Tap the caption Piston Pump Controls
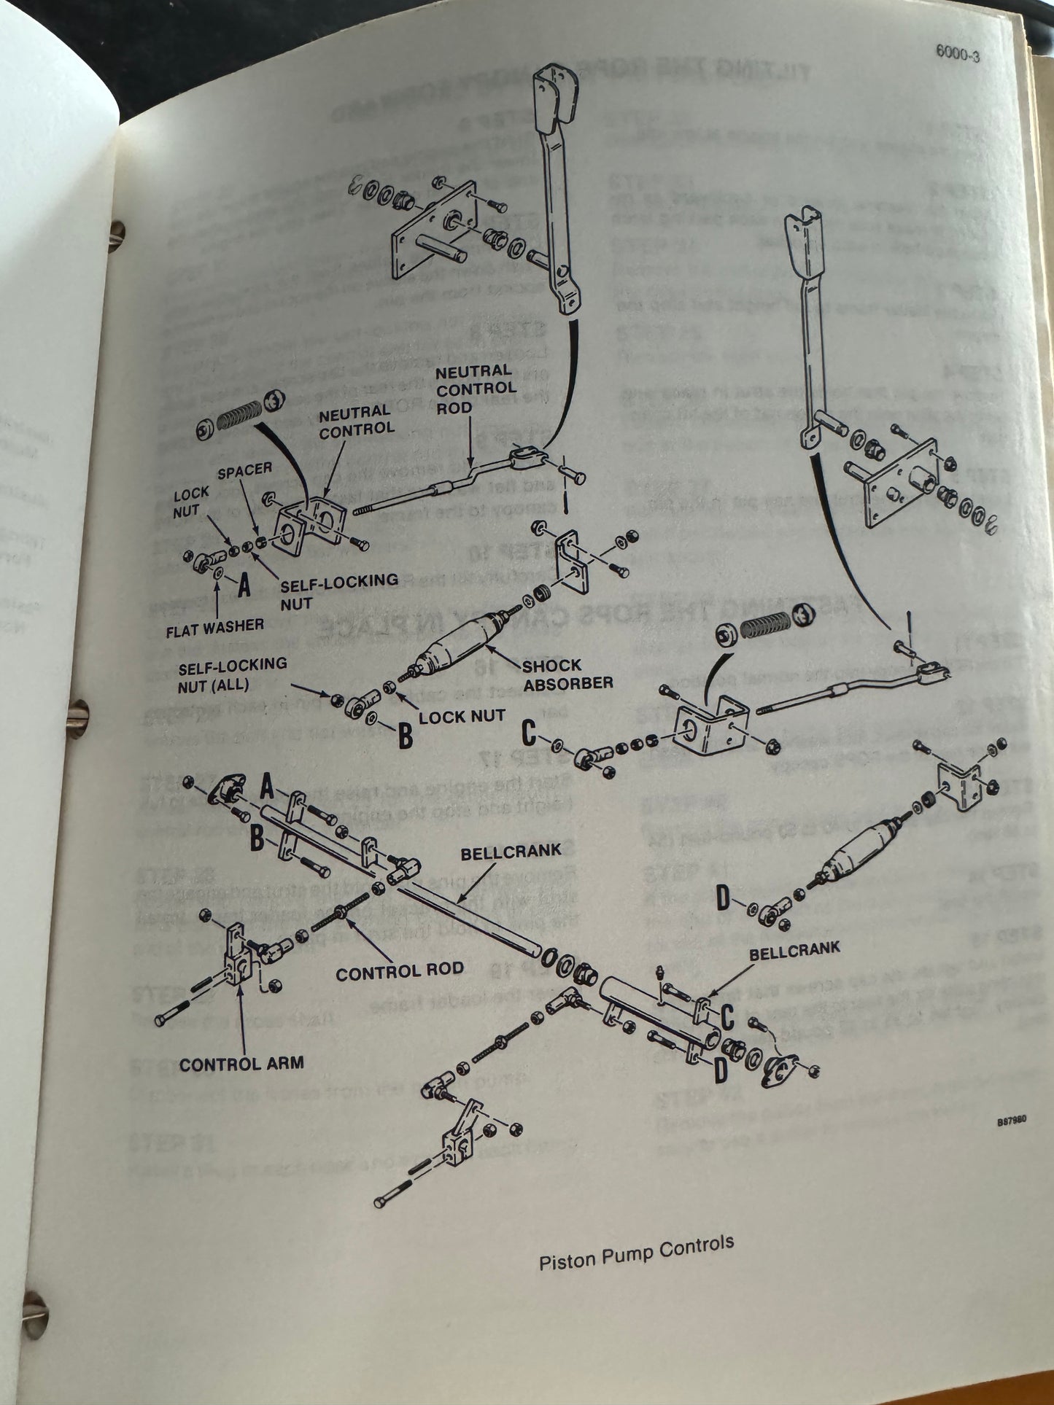(635, 1253)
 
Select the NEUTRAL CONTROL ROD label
(476, 389)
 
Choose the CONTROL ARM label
(241, 1064)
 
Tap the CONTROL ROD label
(399, 970)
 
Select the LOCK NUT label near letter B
(461, 716)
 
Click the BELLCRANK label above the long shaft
(511, 851)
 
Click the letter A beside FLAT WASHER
(244, 585)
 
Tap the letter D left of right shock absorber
(723, 899)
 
